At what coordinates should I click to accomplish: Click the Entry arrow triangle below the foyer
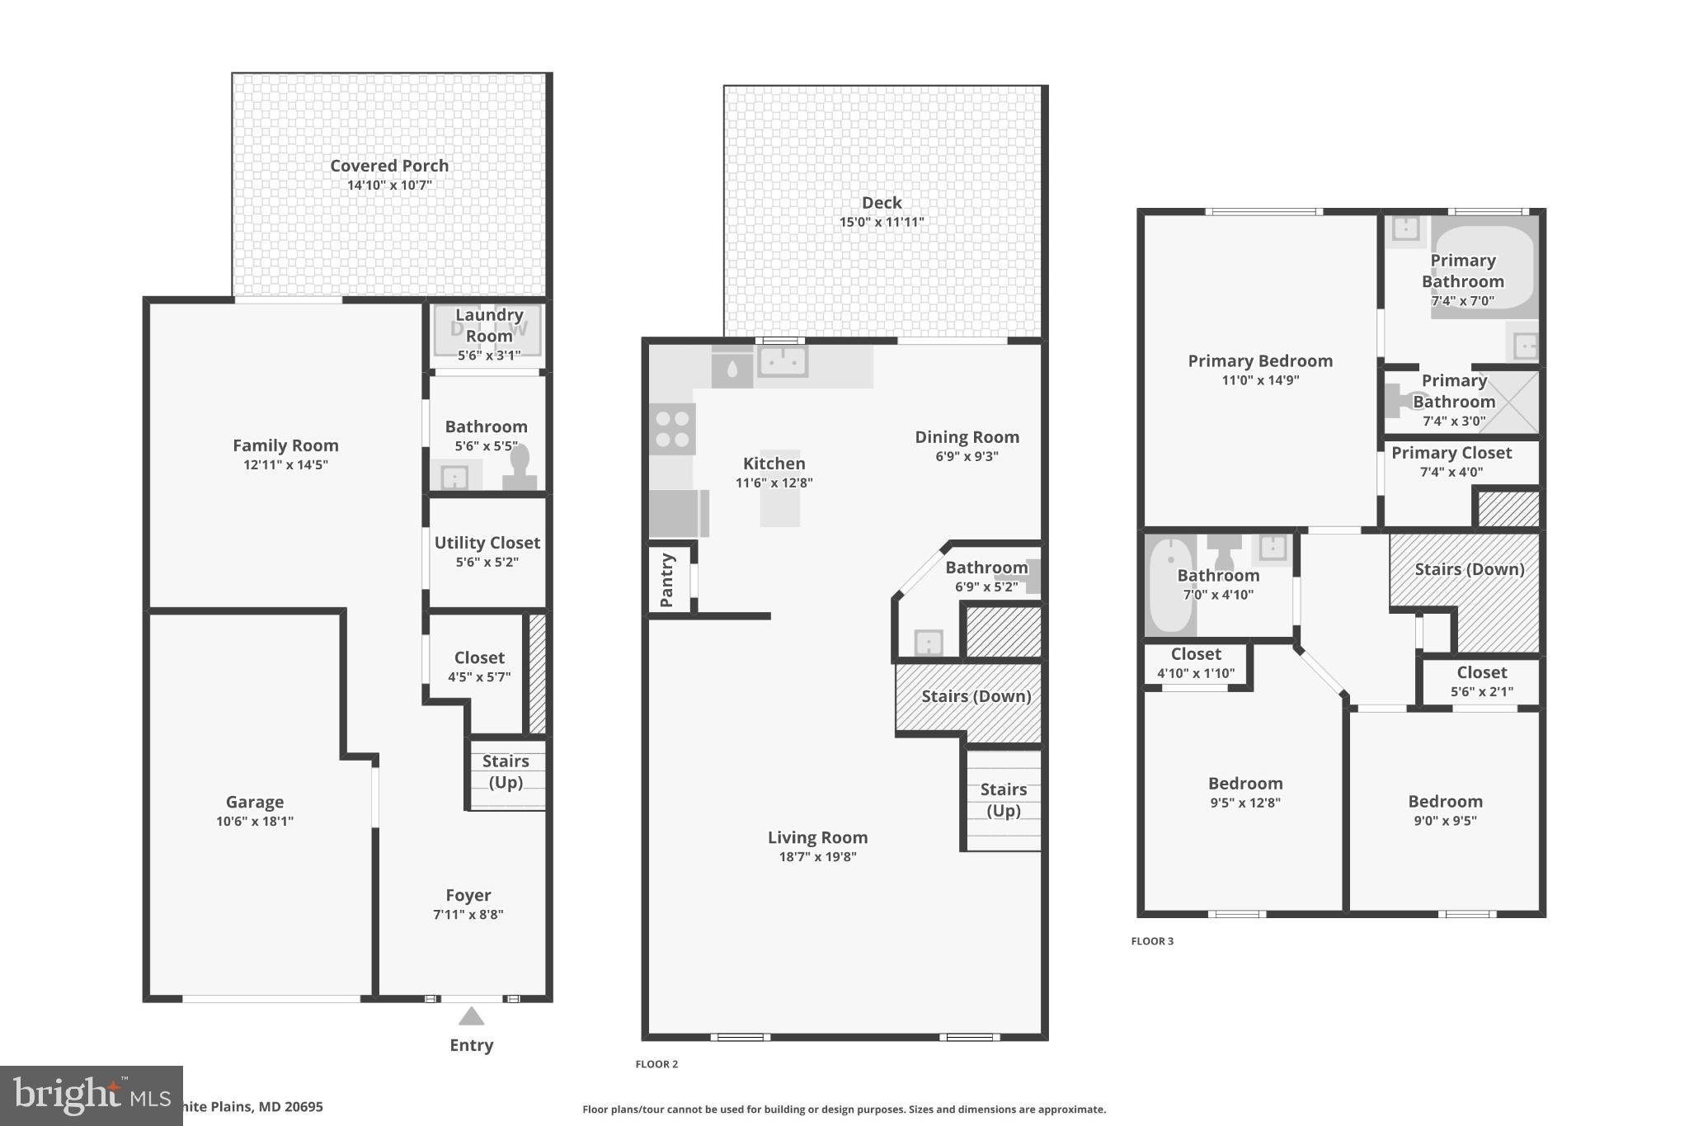point(471,1015)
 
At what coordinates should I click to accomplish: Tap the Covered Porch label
point(389,166)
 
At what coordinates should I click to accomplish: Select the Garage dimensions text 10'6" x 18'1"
point(255,821)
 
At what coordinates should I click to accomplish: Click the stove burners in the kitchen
point(672,429)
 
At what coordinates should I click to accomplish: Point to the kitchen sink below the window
point(782,361)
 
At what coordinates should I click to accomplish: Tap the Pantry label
point(667,580)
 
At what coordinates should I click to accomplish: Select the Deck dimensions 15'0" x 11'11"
point(882,222)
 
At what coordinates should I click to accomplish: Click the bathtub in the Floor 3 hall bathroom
point(1169,586)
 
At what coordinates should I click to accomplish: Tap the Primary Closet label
point(1451,453)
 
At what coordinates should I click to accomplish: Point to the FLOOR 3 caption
point(1151,941)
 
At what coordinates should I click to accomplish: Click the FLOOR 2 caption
point(656,1064)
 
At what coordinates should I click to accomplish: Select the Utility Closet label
point(487,543)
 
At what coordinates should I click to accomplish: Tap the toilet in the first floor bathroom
point(520,467)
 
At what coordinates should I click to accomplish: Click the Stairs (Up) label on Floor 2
point(1003,799)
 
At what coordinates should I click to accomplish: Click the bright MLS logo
point(91,1095)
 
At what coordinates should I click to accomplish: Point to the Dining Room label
point(967,437)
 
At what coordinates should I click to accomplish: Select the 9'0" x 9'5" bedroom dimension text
point(1445,821)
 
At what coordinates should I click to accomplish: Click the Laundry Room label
point(489,325)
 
